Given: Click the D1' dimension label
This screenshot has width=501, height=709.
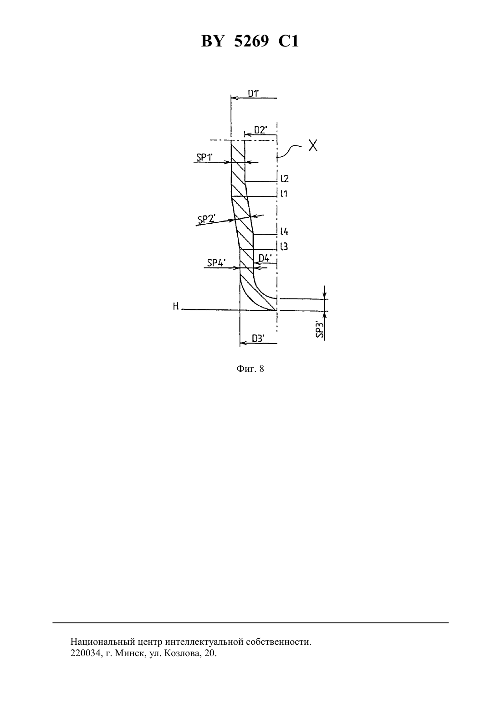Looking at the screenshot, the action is pos(253,93).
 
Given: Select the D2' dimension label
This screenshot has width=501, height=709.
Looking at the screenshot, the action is pos(261,130).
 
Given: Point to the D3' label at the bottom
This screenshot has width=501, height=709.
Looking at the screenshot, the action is pos(258,339).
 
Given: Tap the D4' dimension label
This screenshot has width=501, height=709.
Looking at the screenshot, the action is pos(265,258).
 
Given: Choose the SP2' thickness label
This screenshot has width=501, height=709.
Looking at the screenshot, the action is pos(206,219).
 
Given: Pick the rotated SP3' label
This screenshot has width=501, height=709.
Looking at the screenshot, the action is pos(320,330).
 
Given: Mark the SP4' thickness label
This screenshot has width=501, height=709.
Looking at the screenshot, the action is pos(216,262).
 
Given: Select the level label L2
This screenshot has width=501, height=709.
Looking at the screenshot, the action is pos(284,179).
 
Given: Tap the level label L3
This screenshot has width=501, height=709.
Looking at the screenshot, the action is pos(284,246).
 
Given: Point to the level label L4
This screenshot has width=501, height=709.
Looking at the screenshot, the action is pos(284,231).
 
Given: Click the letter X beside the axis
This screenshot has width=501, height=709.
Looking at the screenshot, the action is pos(313,146).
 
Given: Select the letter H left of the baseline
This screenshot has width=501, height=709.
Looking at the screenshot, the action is pos(176,306).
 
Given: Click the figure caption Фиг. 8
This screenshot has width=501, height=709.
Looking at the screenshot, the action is pos(250,369).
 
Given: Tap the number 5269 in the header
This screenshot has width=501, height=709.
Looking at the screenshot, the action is pos(251,41).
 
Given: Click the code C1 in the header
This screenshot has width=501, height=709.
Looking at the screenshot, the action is pos(288,41).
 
